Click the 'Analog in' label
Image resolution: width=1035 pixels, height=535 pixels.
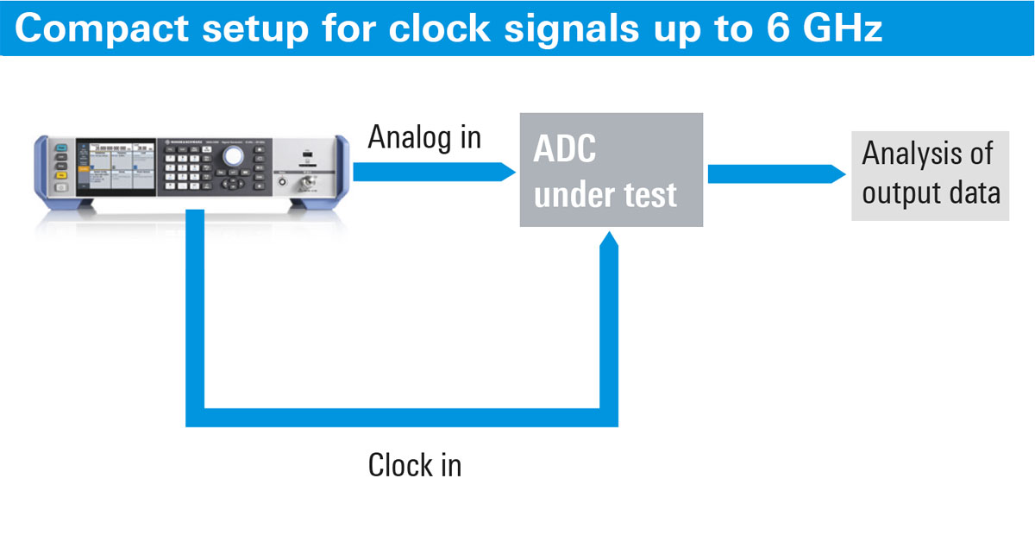(424, 137)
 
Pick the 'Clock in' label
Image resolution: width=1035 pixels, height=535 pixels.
(415, 466)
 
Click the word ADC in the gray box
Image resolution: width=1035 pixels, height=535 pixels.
(566, 149)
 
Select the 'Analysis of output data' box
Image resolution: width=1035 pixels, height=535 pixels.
(930, 174)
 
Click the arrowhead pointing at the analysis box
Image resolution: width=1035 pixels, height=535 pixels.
(837, 173)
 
